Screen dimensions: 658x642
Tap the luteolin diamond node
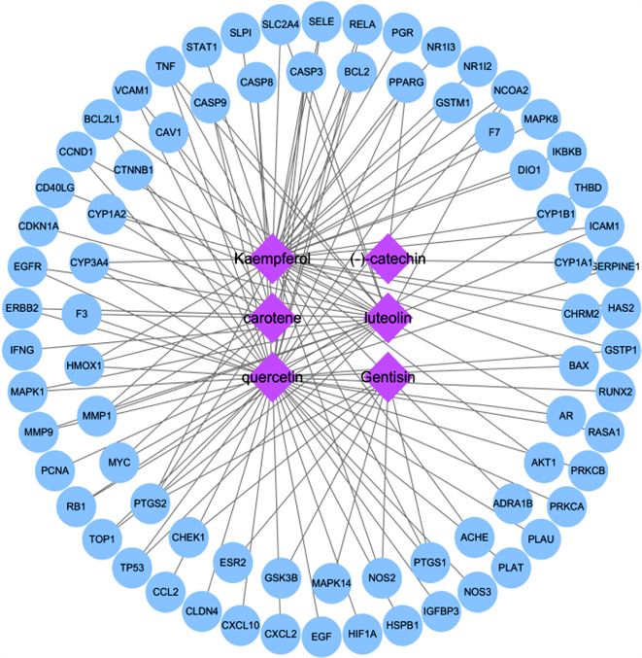(389, 318)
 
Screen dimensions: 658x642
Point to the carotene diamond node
(272, 318)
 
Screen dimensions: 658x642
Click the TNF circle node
(165, 66)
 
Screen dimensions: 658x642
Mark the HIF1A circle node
(361, 634)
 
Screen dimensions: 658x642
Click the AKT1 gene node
(543, 462)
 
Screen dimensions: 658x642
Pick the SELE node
(320, 20)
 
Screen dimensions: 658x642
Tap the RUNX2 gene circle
(616, 392)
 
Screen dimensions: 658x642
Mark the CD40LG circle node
(54, 188)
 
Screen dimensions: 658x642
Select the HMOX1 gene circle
(84, 364)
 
